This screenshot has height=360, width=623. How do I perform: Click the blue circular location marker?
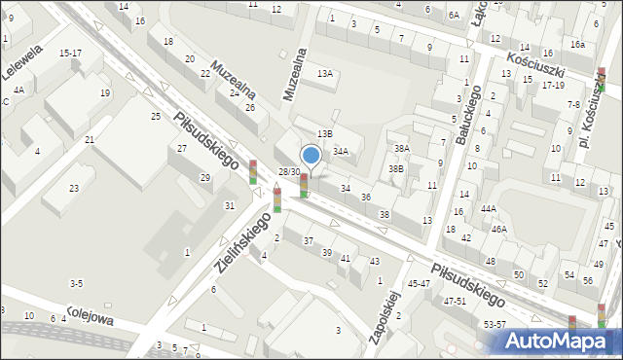tap(311, 155)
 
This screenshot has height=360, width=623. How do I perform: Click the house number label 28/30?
tap(288, 172)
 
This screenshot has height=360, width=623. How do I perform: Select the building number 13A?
tap(325, 74)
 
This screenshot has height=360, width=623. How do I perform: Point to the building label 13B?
tap(325, 133)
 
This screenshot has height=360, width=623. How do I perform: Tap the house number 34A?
tap(341, 152)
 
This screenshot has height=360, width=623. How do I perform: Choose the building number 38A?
tap(401, 148)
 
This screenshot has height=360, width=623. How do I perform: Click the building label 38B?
tap(395, 168)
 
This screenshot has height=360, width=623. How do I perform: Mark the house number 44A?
tap(488, 208)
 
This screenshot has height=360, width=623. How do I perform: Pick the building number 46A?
tap(498, 230)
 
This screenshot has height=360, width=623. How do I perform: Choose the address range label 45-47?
tap(419, 283)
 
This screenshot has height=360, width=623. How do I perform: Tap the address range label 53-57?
tap(495, 324)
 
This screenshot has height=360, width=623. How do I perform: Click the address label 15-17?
tap(70, 54)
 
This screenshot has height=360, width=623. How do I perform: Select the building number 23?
tap(73, 188)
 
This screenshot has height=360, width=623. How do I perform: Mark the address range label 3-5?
tap(76, 283)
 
